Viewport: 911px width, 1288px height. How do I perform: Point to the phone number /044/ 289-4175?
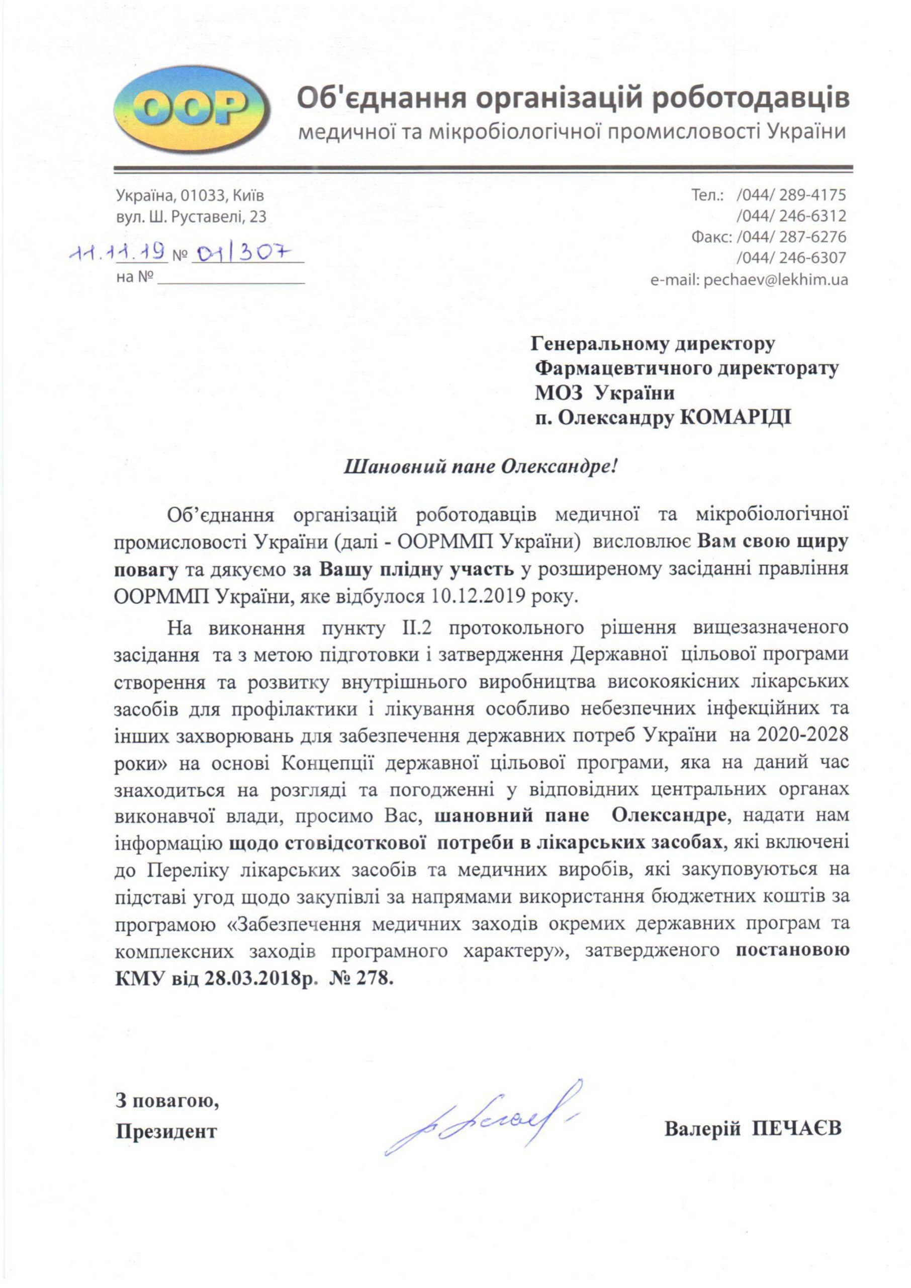[791, 195]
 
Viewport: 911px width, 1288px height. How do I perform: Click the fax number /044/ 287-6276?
[791, 237]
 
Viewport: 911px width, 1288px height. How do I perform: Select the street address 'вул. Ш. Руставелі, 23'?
[191, 217]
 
